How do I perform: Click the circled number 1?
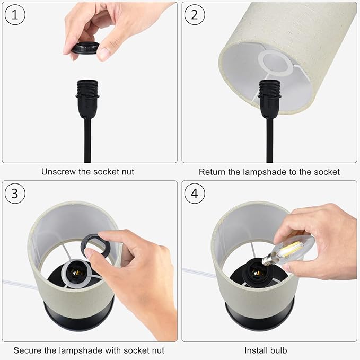15,15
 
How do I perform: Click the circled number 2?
195,15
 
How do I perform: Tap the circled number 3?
15,194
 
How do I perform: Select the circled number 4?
195,194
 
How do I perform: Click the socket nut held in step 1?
85,48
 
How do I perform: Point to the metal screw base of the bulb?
267,260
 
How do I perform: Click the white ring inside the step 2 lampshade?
274,63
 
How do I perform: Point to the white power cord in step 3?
19,284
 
